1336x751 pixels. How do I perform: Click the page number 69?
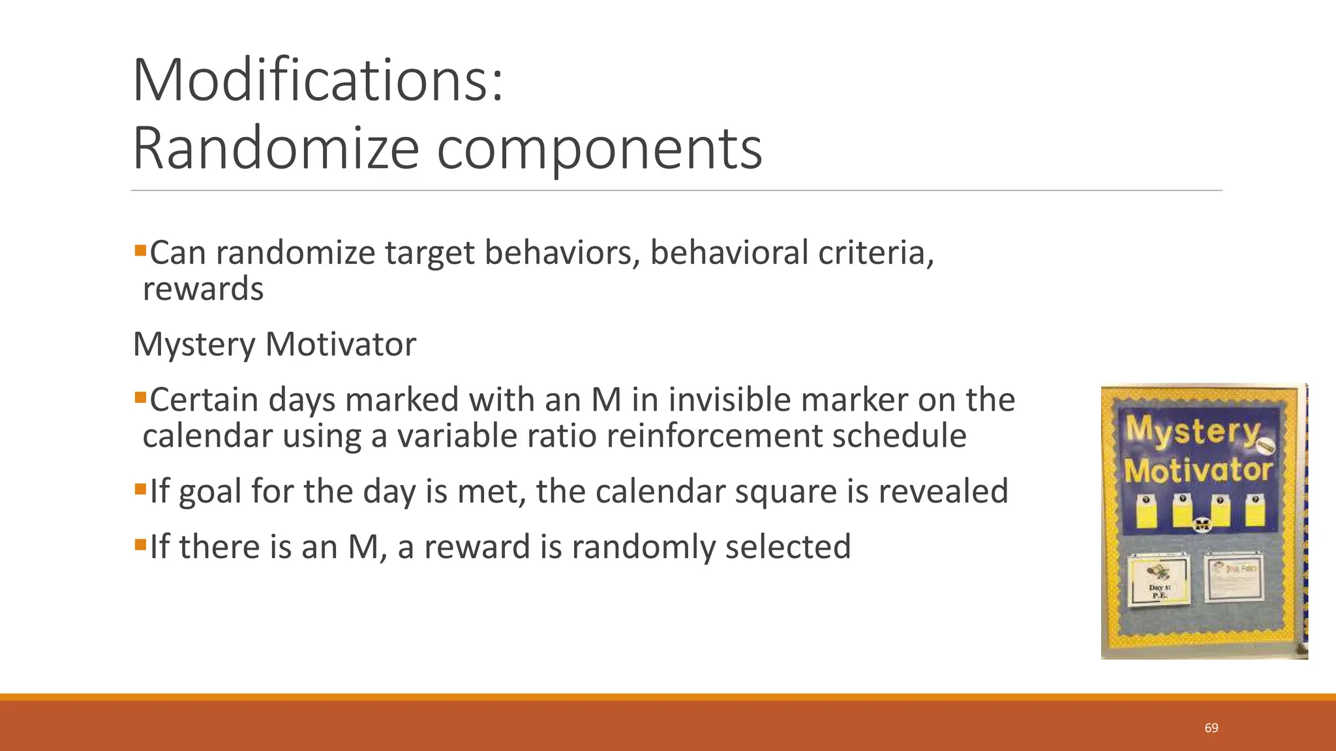[1211, 728]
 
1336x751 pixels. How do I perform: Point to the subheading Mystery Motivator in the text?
[274, 344]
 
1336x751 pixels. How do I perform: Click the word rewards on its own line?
[203, 289]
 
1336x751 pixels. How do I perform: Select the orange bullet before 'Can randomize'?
[140, 250]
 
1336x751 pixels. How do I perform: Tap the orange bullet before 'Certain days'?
[140, 396]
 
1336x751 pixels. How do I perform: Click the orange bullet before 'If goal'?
[140, 488]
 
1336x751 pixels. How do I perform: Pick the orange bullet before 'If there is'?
[140, 543]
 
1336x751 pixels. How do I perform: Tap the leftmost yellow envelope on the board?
[1146, 511]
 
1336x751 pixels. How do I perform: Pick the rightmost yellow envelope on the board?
[1254, 511]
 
